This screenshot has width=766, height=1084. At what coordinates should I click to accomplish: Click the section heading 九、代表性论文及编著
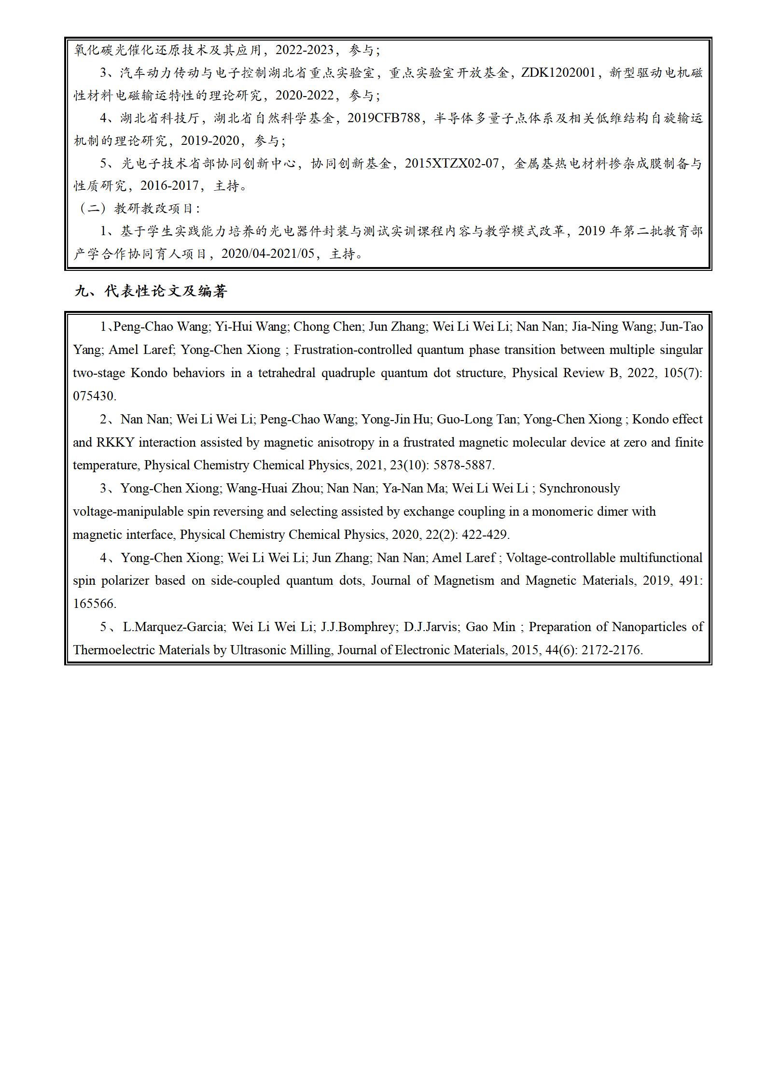(151, 291)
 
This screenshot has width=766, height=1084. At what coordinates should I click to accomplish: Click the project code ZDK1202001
(558, 73)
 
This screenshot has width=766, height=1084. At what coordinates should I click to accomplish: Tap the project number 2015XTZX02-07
(451, 163)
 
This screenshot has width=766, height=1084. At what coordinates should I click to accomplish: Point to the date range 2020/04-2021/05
(267, 253)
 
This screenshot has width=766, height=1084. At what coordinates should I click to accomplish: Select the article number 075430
(94, 396)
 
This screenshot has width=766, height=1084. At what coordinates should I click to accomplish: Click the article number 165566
(94, 604)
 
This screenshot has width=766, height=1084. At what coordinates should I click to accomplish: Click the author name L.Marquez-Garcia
(173, 627)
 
